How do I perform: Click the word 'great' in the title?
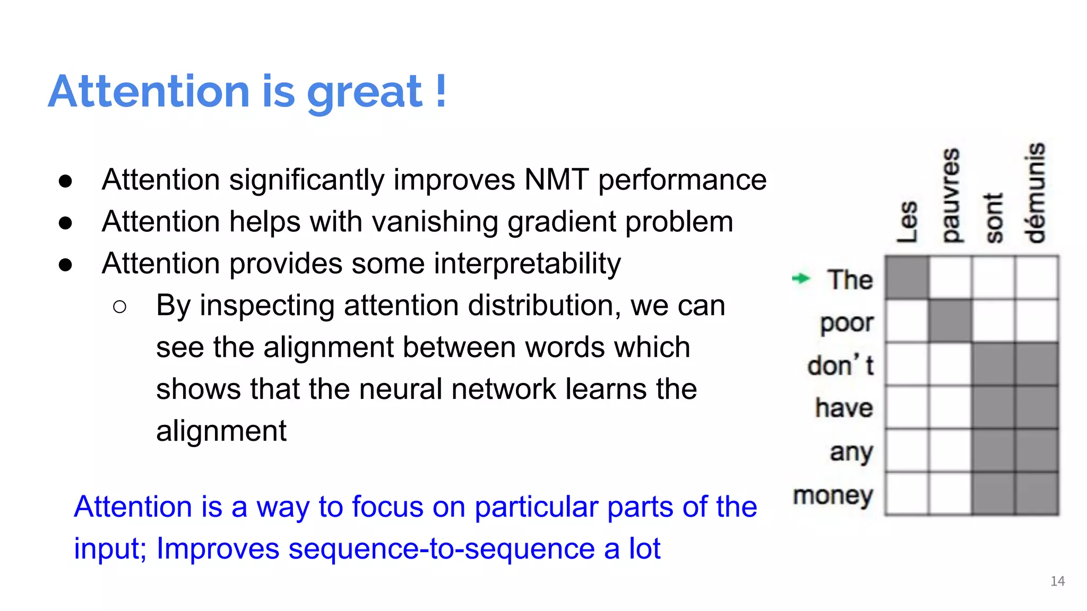pos(364,93)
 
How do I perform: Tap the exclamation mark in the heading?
pos(441,91)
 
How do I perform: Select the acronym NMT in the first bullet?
pos(556,180)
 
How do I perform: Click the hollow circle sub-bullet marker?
pos(120,307)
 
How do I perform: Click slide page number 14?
pos(1057,581)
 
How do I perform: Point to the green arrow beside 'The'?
pos(800,278)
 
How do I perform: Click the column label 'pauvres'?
pos(951,195)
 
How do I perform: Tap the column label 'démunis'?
pos(1035,192)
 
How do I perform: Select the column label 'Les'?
pos(908,222)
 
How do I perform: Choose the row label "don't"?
pos(840,365)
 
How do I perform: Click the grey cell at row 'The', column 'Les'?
pos(907,278)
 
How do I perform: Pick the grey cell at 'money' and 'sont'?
pos(993,494)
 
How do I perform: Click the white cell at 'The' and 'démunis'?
pos(1037,278)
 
